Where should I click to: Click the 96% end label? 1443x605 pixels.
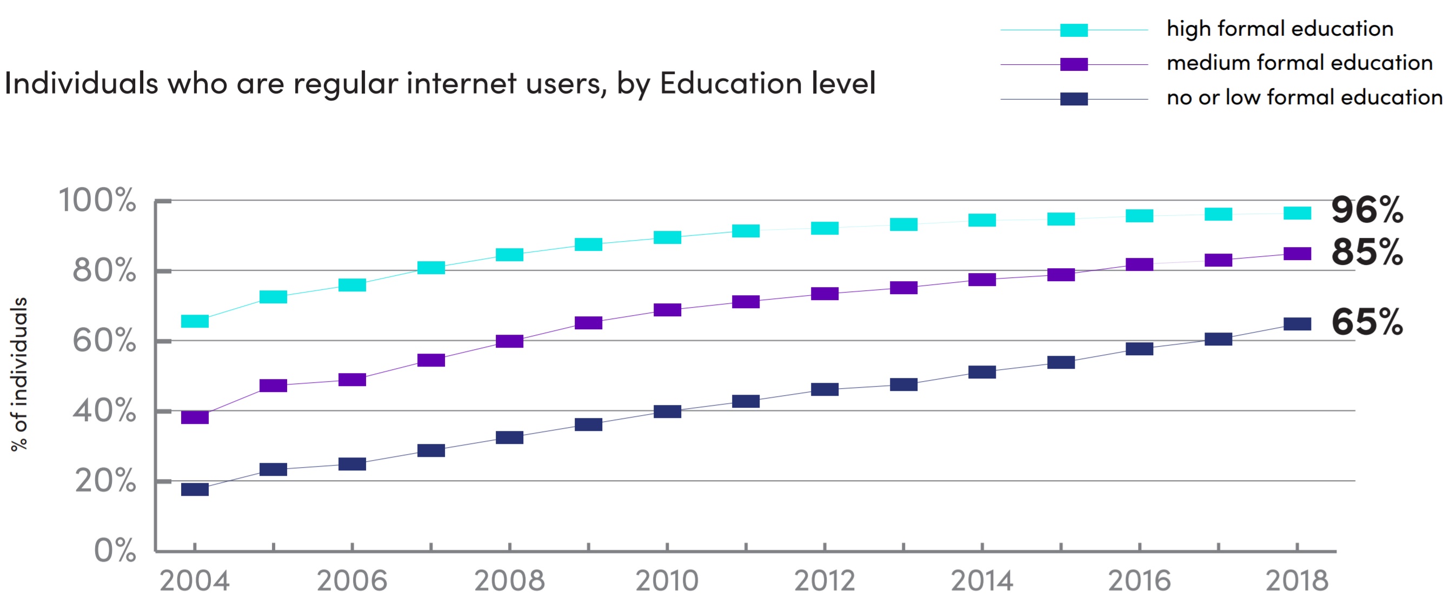(1367, 210)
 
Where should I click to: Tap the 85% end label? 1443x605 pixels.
(1367, 252)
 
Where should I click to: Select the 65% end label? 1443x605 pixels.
(1367, 322)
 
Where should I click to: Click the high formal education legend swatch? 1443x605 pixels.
(1074, 30)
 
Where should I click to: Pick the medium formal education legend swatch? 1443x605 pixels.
(1074, 64)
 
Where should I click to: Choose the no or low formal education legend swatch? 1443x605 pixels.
(1074, 99)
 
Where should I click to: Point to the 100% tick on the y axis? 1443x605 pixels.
(97, 200)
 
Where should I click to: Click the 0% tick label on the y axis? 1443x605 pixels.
(115, 550)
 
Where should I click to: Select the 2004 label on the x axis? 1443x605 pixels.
(195, 581)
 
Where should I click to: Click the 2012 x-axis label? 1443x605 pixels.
(824, 581)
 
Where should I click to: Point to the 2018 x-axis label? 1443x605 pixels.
(1297, 581)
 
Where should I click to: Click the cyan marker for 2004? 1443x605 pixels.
(195, 321)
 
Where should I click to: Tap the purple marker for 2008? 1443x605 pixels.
(510, 341)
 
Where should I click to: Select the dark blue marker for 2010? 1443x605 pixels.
(667, 411)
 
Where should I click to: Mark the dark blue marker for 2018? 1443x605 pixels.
(1297, 324)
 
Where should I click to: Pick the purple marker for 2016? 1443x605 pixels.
(1139, 264)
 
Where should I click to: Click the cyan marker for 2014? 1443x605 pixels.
(982, 220)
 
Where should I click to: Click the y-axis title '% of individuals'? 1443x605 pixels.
(19, 374)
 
